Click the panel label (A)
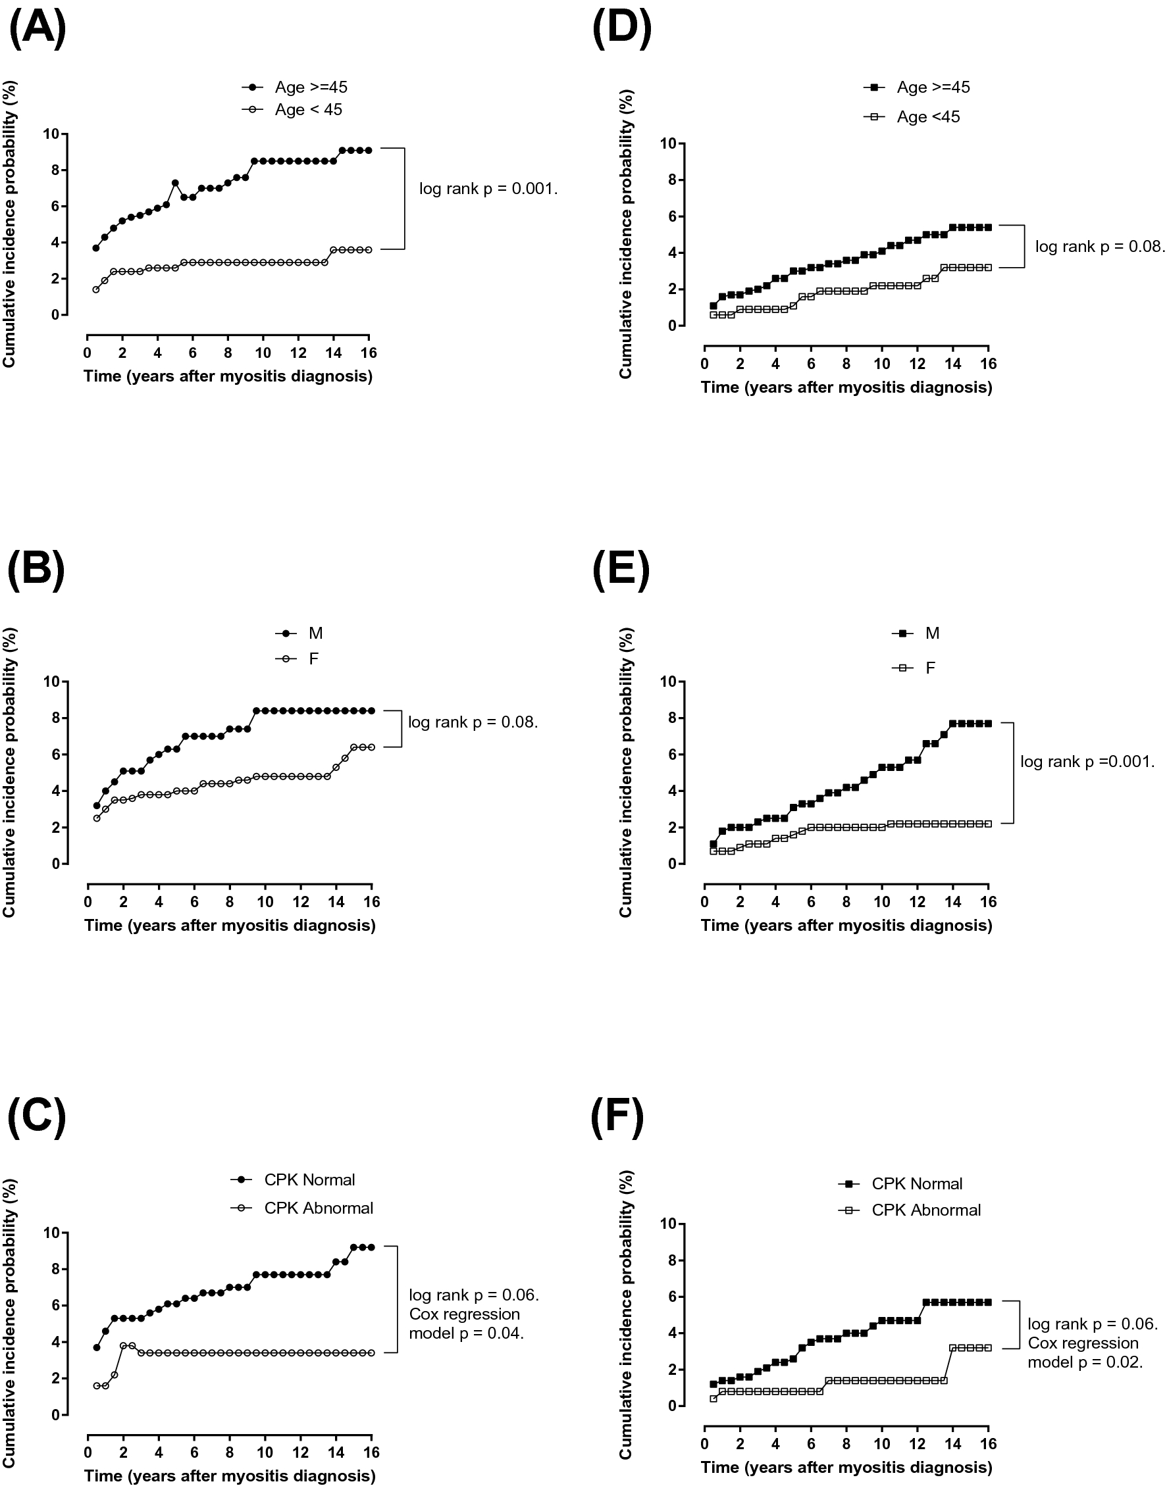coord(38,30)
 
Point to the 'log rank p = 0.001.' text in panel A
coord(488,189)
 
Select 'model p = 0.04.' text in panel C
coord(466,1333)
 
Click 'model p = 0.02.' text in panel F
coord(1085,1362)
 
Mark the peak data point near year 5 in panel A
coord(175,183)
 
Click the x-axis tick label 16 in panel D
coord(988,363)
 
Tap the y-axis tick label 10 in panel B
coord(51,682)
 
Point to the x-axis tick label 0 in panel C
coord(88,1452)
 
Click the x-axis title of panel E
coord(846,926)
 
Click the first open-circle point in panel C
coord(96,1385)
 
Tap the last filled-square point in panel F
coord(988,1302)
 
